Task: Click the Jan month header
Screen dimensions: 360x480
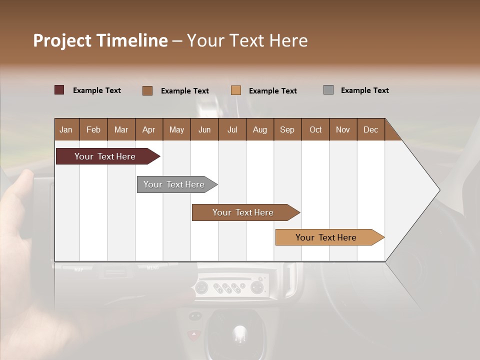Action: tap(66, 129)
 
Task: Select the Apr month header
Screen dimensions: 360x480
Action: tap(148, 129)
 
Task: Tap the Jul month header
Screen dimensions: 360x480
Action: tap(232, 129)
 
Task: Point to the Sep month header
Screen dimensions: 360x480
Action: tap(287, 129)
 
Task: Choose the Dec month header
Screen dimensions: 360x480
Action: tap(370, 129)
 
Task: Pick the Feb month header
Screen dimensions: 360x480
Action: tap(93, 129)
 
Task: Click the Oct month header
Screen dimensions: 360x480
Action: tap(315, 129)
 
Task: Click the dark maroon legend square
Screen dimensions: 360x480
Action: tap(59, 90)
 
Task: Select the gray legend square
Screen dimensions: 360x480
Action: tap(328, 90)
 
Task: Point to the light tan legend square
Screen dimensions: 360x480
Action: tap(236, 90)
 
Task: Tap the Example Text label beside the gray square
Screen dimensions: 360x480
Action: tap(364, 90)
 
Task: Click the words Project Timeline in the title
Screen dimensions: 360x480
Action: tap(100, 40)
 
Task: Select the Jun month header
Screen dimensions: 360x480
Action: tap(204, 129)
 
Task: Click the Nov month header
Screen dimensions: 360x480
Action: tap(342, 129)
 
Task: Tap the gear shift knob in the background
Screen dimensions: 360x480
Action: tap(240, 332)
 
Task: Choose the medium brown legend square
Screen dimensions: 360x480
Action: tap(147, 90)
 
